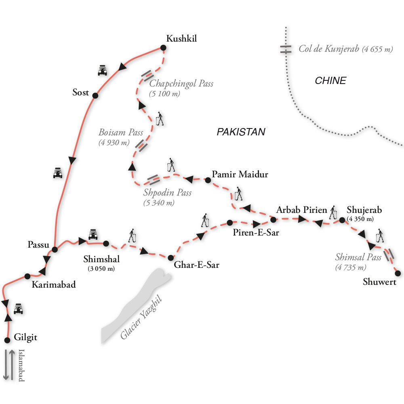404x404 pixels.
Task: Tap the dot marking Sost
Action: [95, 96]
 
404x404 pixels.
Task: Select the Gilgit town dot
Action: [7, 340]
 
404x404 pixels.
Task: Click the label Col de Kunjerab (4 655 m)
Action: [345, 49]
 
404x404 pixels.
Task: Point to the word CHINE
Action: [330, 81]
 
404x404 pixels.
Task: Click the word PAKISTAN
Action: [241, 132]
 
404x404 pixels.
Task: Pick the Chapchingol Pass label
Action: [181, 84]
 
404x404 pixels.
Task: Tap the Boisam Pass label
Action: [121, 133]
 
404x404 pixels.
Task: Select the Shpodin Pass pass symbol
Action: [154, 179]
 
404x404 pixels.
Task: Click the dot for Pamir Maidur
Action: [208, 180]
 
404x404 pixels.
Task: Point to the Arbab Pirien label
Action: [301, 210]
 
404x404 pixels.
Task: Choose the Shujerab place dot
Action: [342, 220]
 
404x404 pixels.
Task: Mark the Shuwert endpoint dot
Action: [398, 274]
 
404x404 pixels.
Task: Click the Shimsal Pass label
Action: [358, 258]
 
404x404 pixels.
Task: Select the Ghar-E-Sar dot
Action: [170, 257]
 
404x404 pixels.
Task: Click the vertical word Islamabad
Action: [21, 365]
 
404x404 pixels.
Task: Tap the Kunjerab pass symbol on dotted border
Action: [286, 49]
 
